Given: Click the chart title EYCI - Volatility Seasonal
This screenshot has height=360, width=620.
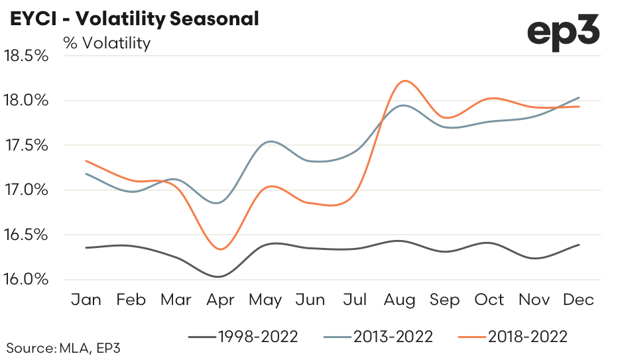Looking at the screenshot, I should pyautogui.click(x=133, y=19).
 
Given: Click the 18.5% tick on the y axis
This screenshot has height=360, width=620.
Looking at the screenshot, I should pyautogui.click(x=27, y=56).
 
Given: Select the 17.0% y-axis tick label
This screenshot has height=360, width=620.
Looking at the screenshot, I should pyautogui.click(x=27, y=190).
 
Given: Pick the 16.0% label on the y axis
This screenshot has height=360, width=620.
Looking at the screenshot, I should pyautogui.click(x=27, y=279).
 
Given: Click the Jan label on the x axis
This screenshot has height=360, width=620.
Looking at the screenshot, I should pyautogui.click(x=86, y=300).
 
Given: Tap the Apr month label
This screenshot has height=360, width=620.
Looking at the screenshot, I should pyautogui.click(x=220, y=300).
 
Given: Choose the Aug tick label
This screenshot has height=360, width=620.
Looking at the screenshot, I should pyautogui.click(x=400, y=300).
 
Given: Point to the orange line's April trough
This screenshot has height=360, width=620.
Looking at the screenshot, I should pyautogui.click(x=221, y=249).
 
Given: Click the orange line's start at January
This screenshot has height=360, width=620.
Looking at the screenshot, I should pyautogui.click(x=86, y=160).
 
